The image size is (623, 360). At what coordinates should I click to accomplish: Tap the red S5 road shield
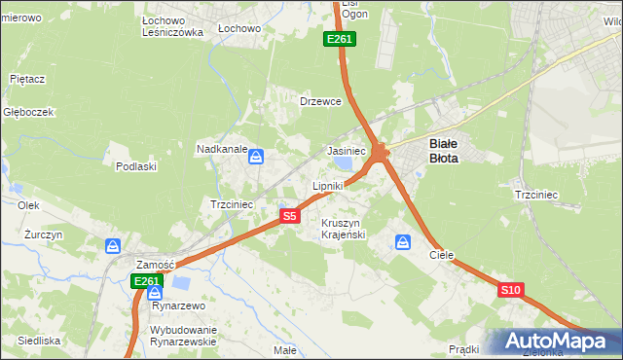point(289,216)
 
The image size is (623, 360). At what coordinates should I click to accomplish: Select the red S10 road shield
point(512,290)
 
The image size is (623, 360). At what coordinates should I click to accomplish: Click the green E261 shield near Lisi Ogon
point(340,39)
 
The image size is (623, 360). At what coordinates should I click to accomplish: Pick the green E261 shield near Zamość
point(145,281)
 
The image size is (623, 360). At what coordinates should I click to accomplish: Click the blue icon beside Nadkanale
point(256,156)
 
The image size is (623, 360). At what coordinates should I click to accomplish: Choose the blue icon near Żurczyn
point(113,247)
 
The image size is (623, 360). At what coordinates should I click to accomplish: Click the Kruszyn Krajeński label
point(343,229)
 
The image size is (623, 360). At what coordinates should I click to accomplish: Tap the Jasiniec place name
point(346,152)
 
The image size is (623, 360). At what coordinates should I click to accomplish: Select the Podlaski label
point(136,166)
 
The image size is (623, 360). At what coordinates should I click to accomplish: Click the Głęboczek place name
point(28,112)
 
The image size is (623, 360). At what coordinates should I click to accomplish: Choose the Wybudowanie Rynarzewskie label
point(182,336)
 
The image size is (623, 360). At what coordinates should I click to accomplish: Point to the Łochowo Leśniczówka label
point(171,25)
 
